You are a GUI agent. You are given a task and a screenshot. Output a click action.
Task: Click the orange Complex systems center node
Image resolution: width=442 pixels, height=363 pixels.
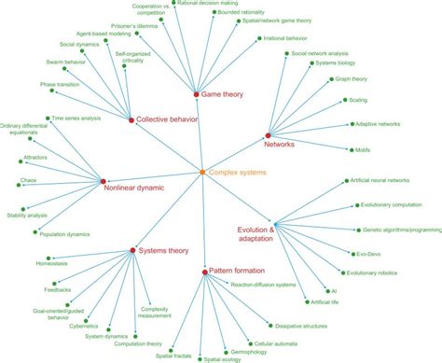203,173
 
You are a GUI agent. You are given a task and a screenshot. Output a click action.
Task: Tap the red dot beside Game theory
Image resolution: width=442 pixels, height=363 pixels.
196,95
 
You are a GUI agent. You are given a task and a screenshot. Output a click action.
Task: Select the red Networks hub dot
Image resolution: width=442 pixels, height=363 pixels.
268,136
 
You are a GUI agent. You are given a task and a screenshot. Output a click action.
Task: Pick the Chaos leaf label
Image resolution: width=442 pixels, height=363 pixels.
29,181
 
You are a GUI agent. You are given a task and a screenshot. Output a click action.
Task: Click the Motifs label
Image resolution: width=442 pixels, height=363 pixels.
363,150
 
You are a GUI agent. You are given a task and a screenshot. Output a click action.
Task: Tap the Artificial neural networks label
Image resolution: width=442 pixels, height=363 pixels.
384,179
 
